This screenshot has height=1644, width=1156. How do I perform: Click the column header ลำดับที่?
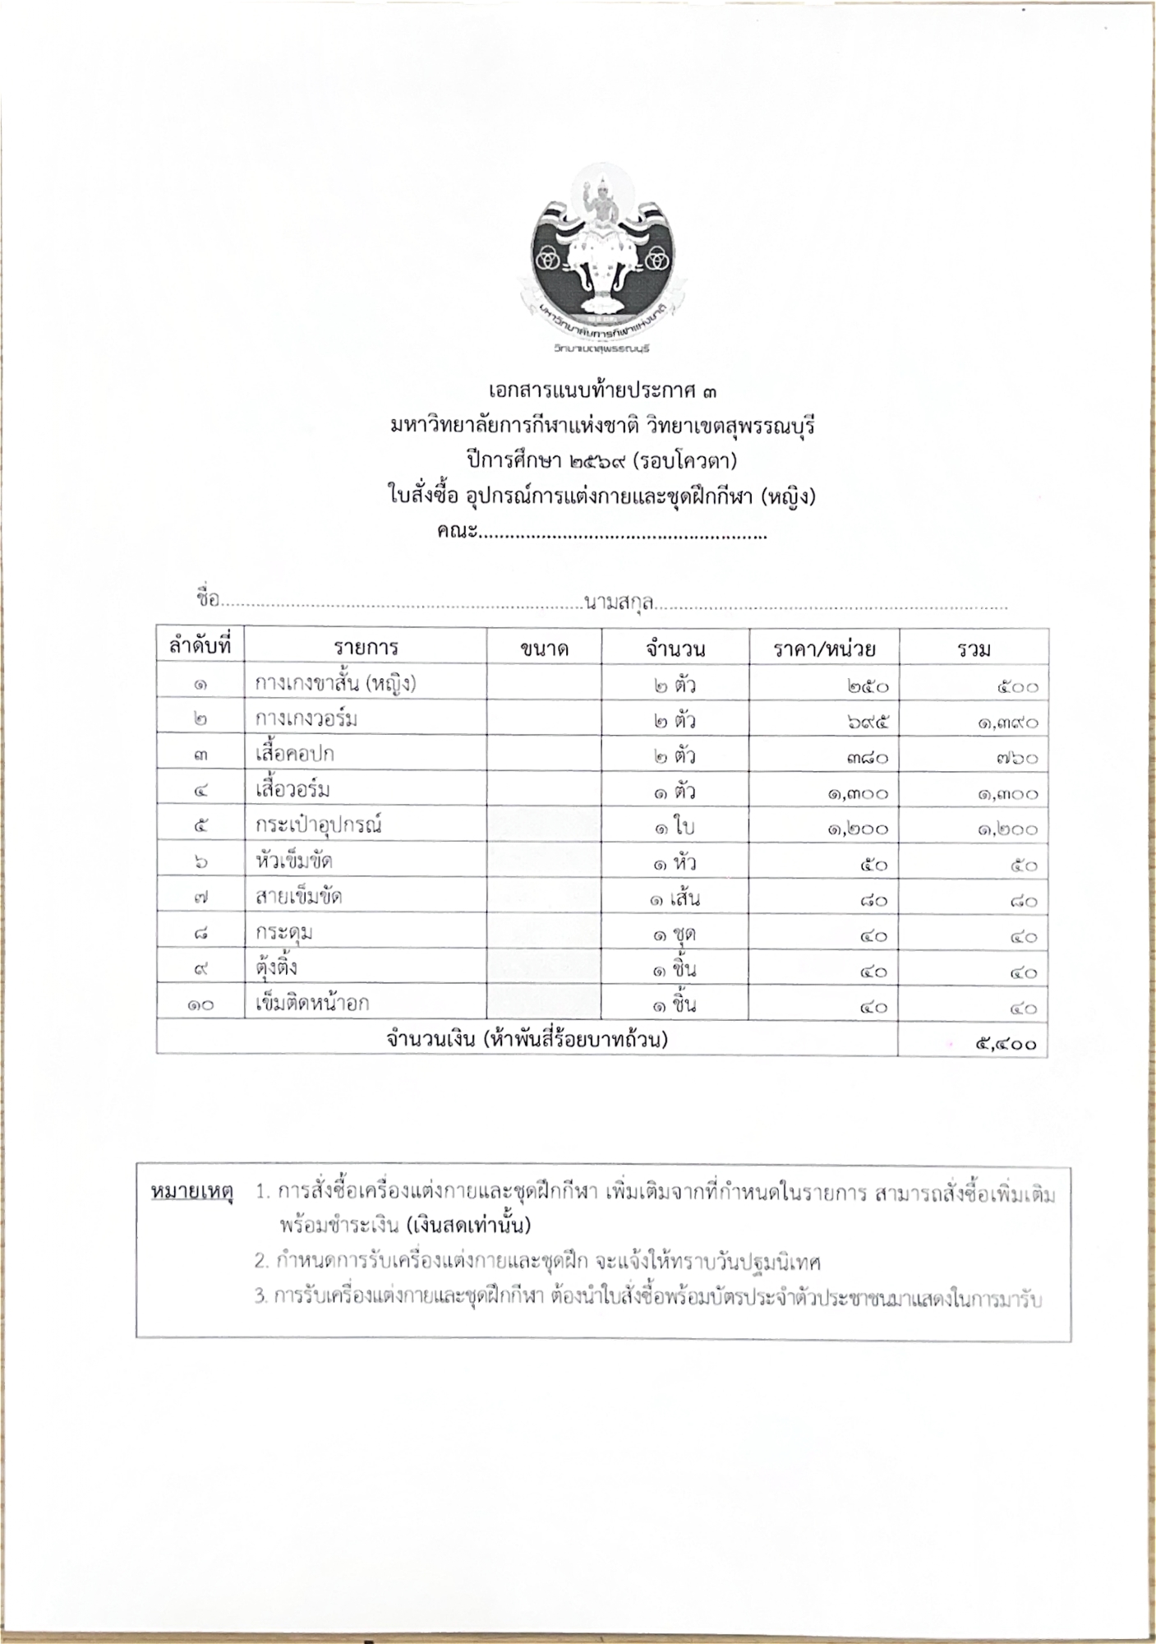click(x=200, y=647)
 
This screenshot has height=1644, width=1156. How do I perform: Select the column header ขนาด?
click(x=544, y=649)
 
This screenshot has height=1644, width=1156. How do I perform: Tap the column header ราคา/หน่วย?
click(x=824, y=649)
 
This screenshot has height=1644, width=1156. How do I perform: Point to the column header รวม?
click(x=974, y=649)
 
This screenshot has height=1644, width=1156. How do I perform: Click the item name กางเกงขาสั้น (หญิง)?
click(x=335, y=683)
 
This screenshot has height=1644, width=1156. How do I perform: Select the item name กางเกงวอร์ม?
click(x=306, y=719)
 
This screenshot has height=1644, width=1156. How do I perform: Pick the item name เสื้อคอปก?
click(x=294, y=754)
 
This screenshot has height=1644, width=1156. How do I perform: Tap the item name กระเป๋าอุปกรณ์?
click(x=319, y=824)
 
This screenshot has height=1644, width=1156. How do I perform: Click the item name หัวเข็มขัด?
click(x=293, y=861)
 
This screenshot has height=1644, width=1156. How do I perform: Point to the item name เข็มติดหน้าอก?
click(x=312, y=1003)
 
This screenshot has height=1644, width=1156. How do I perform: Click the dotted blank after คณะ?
click(x=623, y=535)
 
